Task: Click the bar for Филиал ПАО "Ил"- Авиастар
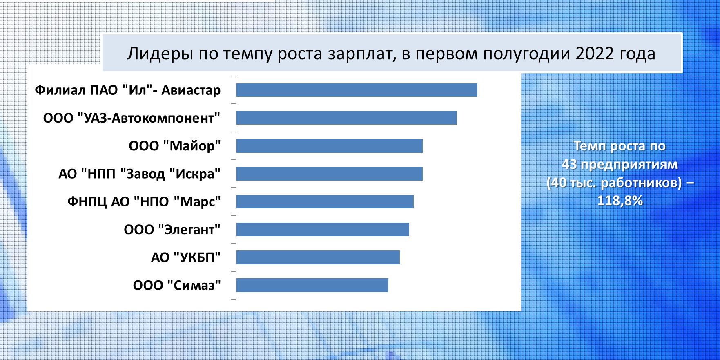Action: tap(357, 90)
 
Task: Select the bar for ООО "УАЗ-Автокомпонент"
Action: tap(346, 118)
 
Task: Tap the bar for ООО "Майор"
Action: tap(329, 146)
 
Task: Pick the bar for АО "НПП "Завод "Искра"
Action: tap(329, 174)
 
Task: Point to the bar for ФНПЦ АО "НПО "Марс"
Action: tap(325, 201)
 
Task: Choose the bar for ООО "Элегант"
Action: tap(323, 229)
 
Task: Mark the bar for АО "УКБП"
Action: tap(318, 257)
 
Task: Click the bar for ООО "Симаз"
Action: tap(312, 285)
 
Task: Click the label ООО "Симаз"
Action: tap(177, 285)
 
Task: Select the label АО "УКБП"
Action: tap(186, 257)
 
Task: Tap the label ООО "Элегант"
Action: tap(172, 230)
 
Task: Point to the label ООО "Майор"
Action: tap(175, 146)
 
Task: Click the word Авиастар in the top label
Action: tap(191, 90)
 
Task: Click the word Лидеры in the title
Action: tap(160, 54)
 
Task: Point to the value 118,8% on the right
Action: tap(620, 201)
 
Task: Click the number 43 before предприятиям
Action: tap(569, 164)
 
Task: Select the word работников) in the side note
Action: tap(642, 183)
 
